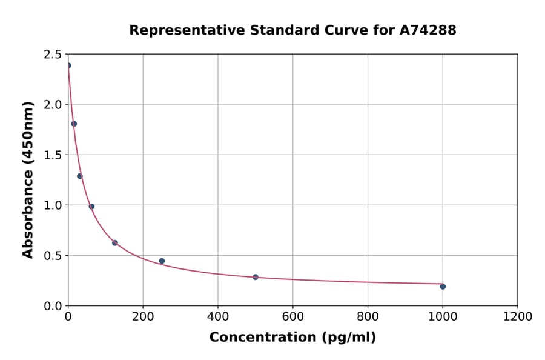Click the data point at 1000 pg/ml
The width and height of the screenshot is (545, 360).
point(443,287)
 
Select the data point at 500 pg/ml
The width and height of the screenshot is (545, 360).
point(256,277)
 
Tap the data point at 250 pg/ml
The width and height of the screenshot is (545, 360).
point(162,261)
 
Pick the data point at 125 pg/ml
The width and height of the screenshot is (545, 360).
point(115,243)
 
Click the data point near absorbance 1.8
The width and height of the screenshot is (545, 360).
point(74,124)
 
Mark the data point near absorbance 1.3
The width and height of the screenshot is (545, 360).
point(80,176)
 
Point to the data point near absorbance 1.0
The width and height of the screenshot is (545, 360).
point(91,207)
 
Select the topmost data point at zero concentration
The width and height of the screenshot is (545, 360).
point(68,65)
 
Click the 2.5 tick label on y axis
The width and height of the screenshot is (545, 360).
point(52,55)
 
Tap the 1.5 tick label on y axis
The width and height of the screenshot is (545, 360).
point(52,155)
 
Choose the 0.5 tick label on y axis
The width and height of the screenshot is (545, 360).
point(52,256)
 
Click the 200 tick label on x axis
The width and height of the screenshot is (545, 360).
point(143,317)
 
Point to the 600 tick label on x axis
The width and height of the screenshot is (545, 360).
point(293,317)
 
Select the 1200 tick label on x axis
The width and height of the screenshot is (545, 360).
point(518,317)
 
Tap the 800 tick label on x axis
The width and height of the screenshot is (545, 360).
point(368,317)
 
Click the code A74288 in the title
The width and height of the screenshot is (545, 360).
point(428,30)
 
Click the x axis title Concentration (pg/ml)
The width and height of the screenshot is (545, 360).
point(292,338)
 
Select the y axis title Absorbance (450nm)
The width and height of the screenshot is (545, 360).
point(28,180)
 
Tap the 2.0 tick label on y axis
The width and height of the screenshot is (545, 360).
point(52,105)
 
